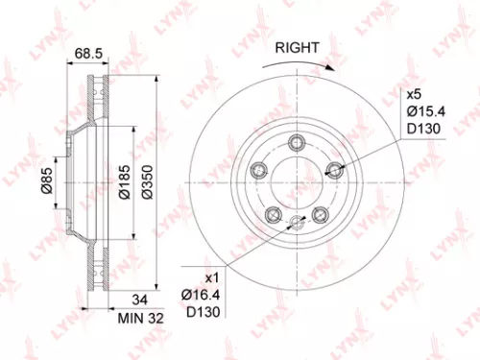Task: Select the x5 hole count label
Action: (x=414, y=95)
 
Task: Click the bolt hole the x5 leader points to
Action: (x=334, y=169)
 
